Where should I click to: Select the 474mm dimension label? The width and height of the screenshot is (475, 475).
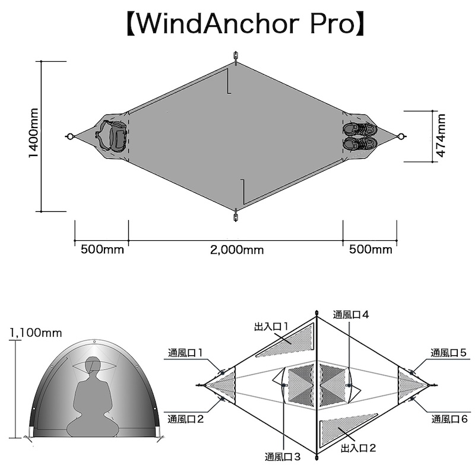[x=441, y=136]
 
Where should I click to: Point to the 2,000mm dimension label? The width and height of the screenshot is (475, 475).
[x=236, y=250]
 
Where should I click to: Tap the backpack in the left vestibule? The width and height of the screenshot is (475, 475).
[x=112, y=136]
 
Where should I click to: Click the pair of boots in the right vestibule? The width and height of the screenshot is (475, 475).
[x=360, y=136]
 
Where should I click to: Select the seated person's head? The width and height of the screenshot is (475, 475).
[x=93, y=366]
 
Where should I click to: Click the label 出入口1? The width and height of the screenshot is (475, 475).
[x=271, y=326]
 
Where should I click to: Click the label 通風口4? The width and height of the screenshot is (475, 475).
[x=351, y=315]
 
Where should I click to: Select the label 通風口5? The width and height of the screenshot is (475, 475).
[x=449, y=353]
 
